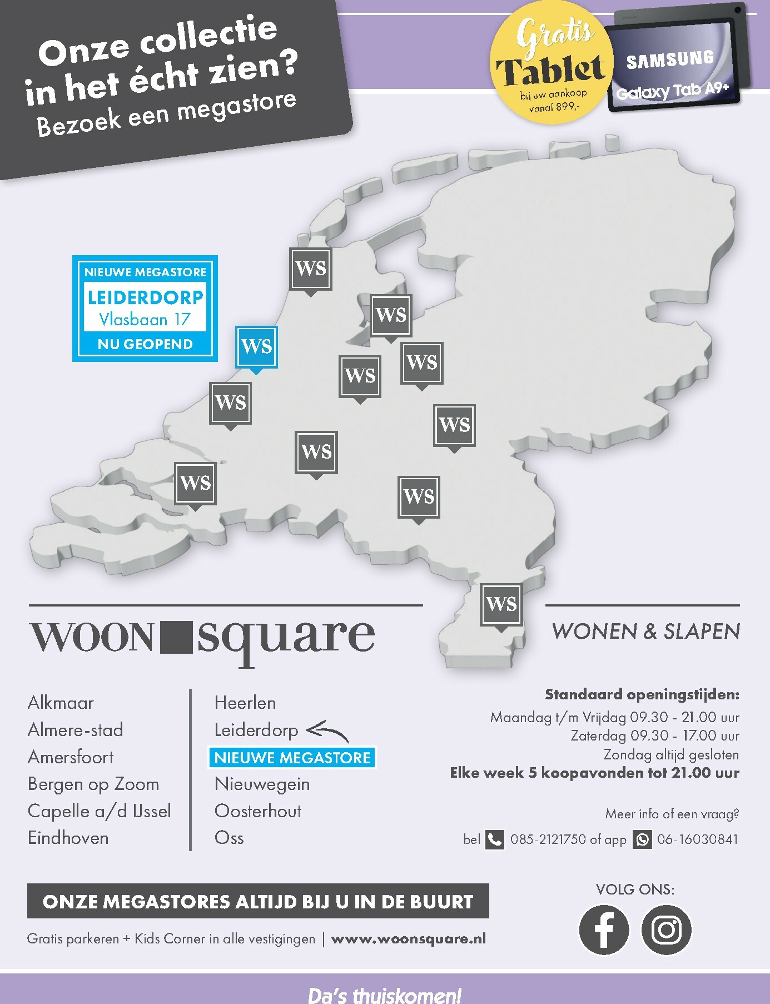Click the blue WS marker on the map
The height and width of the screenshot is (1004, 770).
[256, 346]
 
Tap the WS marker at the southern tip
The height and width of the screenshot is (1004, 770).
[501, 604]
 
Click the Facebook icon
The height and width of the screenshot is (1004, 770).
[604, 930]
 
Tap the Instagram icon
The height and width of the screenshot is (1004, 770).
[666, 930]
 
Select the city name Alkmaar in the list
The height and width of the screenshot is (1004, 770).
[61, 703]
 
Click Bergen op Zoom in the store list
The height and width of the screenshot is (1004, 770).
[93, 784]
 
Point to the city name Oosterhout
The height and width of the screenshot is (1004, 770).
[258, 811]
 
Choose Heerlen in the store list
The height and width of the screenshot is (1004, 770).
[245, 703]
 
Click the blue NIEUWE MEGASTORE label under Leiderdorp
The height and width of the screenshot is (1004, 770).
[292, 758]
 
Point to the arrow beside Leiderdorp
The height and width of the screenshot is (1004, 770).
[328, 730]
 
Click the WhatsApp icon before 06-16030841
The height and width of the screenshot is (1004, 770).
[642, 839]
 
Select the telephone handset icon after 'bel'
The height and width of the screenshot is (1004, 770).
[494, 839]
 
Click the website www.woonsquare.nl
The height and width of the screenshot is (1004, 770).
[408, 939]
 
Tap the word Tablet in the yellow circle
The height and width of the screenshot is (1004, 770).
[550, 71]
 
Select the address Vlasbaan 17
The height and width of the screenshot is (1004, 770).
[145, 320]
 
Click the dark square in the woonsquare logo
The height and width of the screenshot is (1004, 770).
[177, 637]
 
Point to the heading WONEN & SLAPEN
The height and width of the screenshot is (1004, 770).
[646, 632]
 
